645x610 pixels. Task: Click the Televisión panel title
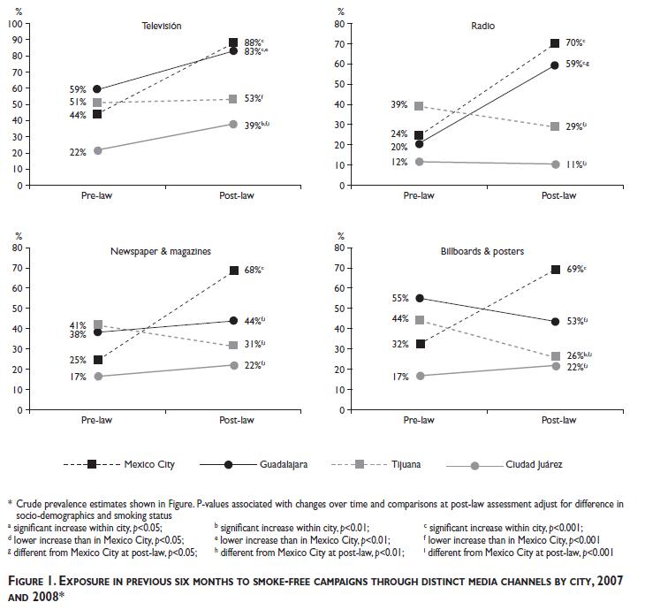(162, 27)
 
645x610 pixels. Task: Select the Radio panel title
(483, 27)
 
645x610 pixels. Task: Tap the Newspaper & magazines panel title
(161, 252)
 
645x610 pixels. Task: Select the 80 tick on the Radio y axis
(338, 24)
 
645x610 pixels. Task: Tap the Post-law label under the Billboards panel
(558, 421)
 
